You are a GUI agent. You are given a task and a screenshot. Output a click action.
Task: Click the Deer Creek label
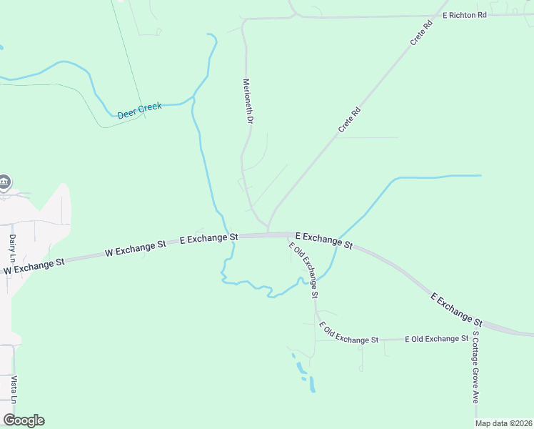pos(140,109)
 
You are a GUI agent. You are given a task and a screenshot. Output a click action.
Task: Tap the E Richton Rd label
pos(464,14)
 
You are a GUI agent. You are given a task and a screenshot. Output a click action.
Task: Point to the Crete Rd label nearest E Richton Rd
pos(422,34)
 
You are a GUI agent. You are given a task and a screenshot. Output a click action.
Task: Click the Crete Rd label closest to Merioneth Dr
pos(349,119)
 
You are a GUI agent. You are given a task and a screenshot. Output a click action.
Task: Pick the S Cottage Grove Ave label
pos(474,367)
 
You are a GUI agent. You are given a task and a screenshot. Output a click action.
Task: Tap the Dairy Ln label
pos(12,248)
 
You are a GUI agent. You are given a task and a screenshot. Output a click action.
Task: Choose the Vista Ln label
pos(13,387)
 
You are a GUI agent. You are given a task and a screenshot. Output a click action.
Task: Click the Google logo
pos(24,420)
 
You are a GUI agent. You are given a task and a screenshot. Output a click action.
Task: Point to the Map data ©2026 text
pos(503,423)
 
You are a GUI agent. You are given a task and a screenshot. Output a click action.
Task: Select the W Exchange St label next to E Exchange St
pos(136,248)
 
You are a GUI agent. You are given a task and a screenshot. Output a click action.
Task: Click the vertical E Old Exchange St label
pos(304,270)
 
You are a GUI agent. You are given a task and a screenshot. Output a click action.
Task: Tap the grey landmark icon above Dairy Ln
pos(4,182)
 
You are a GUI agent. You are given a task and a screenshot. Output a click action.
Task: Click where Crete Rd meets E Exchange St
pos(268,232)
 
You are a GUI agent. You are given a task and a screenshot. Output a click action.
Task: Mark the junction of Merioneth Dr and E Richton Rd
pos(245,20)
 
